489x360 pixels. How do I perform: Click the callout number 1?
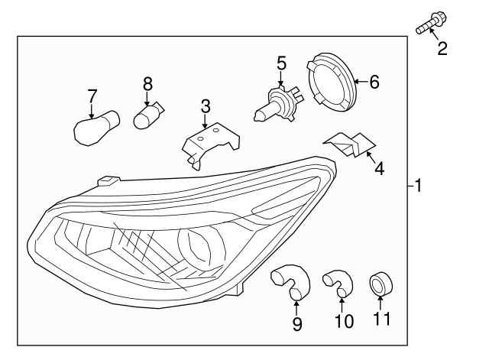pos(418,185)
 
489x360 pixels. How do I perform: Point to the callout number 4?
pos(379,168)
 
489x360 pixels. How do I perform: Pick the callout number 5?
pos(281,63)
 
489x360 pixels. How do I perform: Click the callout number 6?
pos(374,81)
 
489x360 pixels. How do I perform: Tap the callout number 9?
pos(297,324)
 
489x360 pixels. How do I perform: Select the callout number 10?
pos(344,321)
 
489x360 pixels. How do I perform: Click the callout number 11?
pos(380,318)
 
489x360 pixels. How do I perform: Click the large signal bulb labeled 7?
pos(96,127)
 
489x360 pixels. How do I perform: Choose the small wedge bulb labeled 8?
pos(147,115)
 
